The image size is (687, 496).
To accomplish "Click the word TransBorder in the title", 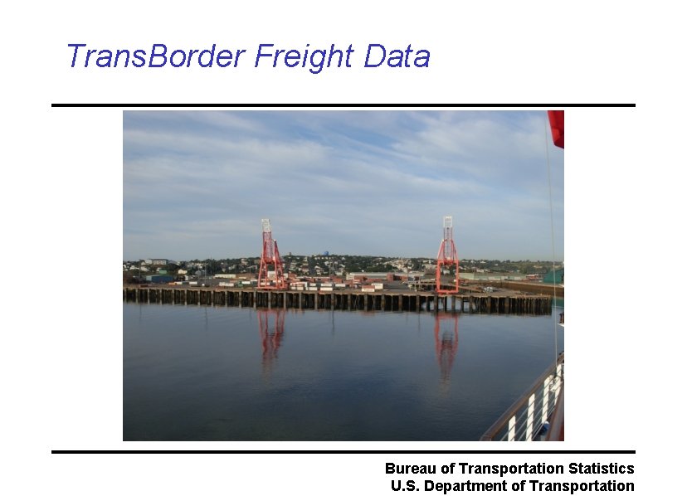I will click(x=155, y=56).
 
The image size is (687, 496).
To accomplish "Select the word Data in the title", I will click(x=397, y=56).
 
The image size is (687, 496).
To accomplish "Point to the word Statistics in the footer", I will click(x=603, y=469).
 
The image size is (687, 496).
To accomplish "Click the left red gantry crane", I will click(x=270, y=261).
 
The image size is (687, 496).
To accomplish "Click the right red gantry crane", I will click(x=447, y=261).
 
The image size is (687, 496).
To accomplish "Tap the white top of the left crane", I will click(x=266, y=226).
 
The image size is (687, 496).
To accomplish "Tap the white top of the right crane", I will click(x=447, y=223).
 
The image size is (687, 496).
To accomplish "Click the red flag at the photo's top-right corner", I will click(x=556, y=127).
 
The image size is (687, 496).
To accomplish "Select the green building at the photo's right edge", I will click(x=554, y=275).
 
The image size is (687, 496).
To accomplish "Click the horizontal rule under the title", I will click(x=343, y=105).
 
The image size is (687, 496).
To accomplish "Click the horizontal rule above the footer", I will click(x=343, y=452).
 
